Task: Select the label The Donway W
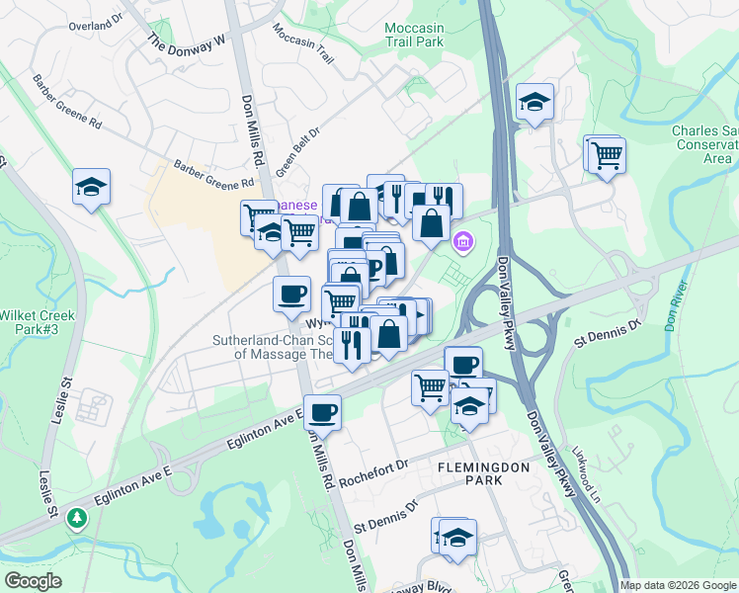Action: coord(188,42)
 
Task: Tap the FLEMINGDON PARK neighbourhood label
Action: coord(471,472)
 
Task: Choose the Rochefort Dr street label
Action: coord(373,473)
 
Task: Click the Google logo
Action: coord(33,581)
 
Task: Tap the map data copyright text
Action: coord(678,585)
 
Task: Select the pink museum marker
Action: coord(462,240)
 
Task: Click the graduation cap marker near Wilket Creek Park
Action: coord(91,186)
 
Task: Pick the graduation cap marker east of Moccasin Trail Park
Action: coord(534,101)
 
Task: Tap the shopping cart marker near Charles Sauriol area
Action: coord(607,154)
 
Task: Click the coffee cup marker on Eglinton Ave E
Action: coord(322,410)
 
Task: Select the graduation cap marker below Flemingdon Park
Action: coord(457,537)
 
